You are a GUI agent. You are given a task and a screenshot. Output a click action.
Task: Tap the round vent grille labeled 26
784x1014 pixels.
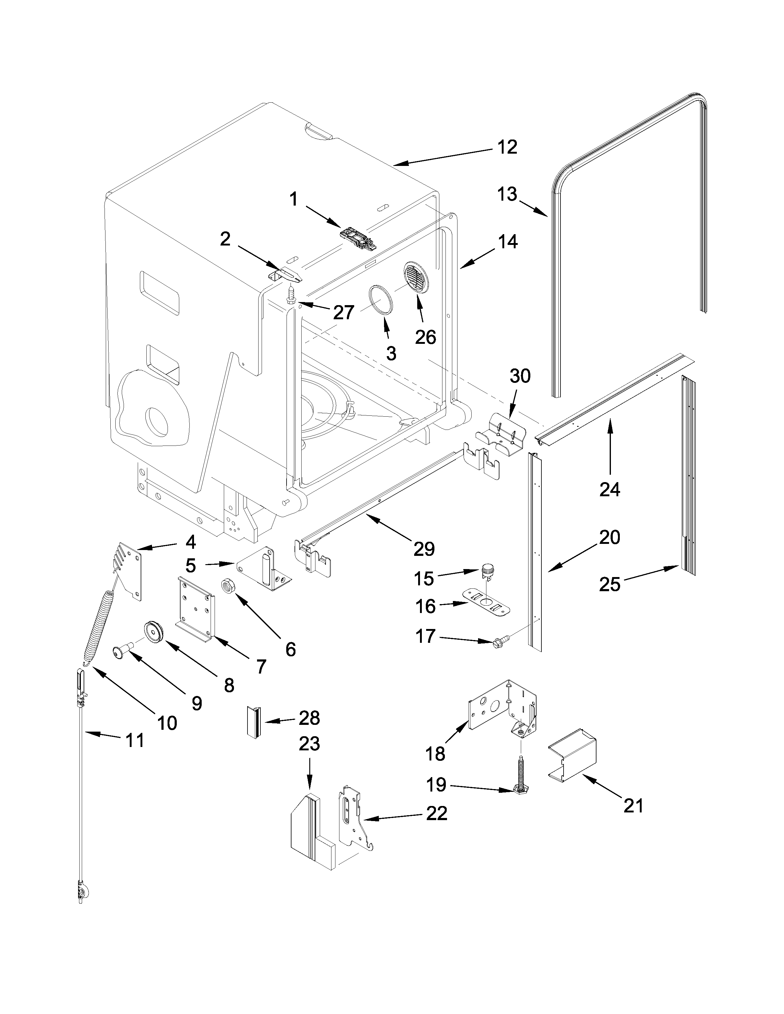pos(417,278)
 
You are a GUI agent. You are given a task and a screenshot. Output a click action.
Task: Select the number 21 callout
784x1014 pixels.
pos(634,806)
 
